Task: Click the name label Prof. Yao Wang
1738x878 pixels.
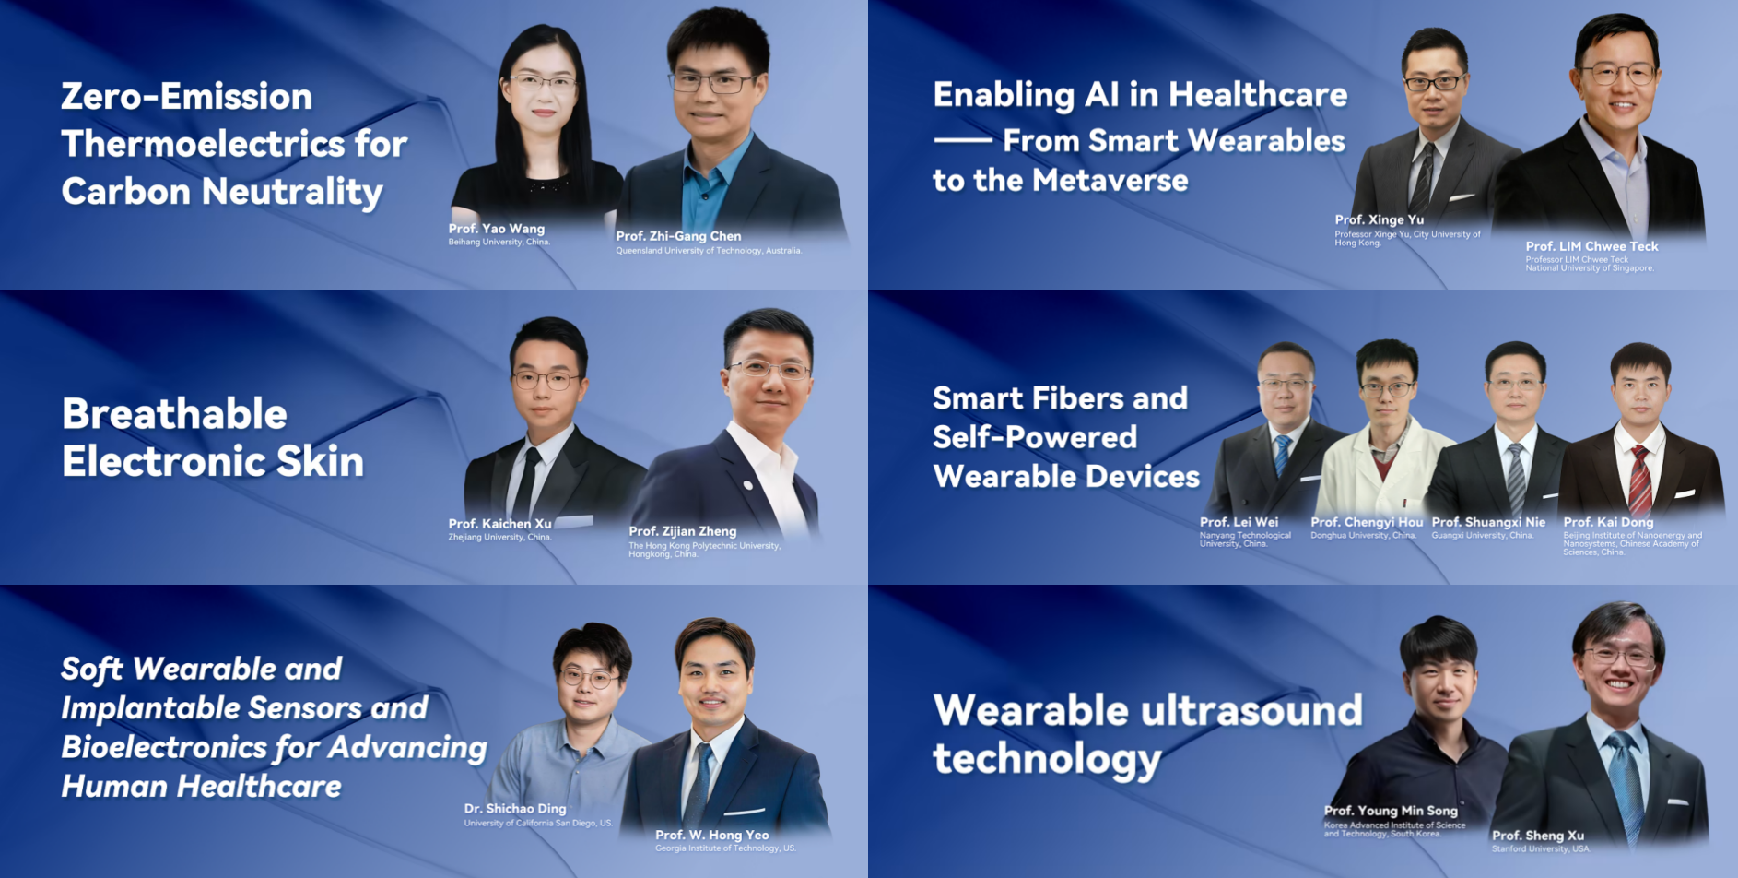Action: coord(496,229)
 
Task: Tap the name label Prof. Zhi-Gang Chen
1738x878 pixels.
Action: coord(678,236)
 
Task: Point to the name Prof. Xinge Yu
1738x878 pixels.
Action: coord(1379,219)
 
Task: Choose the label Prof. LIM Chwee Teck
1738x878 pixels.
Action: coord(1591,246)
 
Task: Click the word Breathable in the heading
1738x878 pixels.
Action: coord(174,414)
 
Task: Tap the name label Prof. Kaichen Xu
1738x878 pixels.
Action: coord(499,524)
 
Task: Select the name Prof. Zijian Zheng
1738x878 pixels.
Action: coord(682,531)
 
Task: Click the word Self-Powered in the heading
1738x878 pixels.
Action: coord(1034,437)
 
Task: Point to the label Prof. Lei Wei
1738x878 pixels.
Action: coord(1239,522)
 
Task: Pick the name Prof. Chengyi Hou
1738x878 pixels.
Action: coord(1366,522)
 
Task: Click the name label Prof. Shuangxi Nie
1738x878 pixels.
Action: coord(1487,522)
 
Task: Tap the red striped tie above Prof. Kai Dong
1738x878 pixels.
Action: coord(1639,480)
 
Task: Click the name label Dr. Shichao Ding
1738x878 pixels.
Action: coord(514,809)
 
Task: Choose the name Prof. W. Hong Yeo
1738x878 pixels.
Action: coord(711,835)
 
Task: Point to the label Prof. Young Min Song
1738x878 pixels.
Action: coord(1390,811)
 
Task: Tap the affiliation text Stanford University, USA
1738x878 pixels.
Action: coord(1541,848)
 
